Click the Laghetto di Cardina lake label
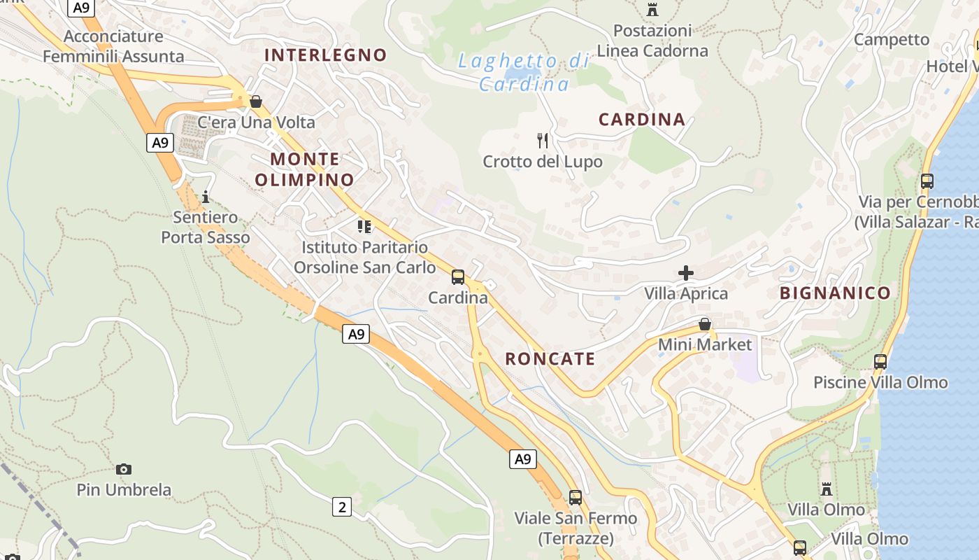point(524,72)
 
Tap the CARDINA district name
point(642,119)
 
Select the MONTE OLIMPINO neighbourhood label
point(304,169)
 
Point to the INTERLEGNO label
point(325,55)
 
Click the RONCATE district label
point(550,359)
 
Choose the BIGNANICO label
point(835,293)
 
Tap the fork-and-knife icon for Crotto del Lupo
point(543,141)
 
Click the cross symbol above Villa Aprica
point(685,272)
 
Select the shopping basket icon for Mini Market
point(705,324)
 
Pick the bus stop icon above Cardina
point(458,277)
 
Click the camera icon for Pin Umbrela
point(124,469)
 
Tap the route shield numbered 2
point(341,506)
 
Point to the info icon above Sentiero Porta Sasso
point(206,197)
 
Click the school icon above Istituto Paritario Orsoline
point(364,226)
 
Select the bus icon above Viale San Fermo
point(576,498)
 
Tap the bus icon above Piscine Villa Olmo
point(880,362)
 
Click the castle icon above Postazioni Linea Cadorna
point(652,10)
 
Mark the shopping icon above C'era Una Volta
point(256,101)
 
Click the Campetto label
point(892,39)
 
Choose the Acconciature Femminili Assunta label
point(113,46)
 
